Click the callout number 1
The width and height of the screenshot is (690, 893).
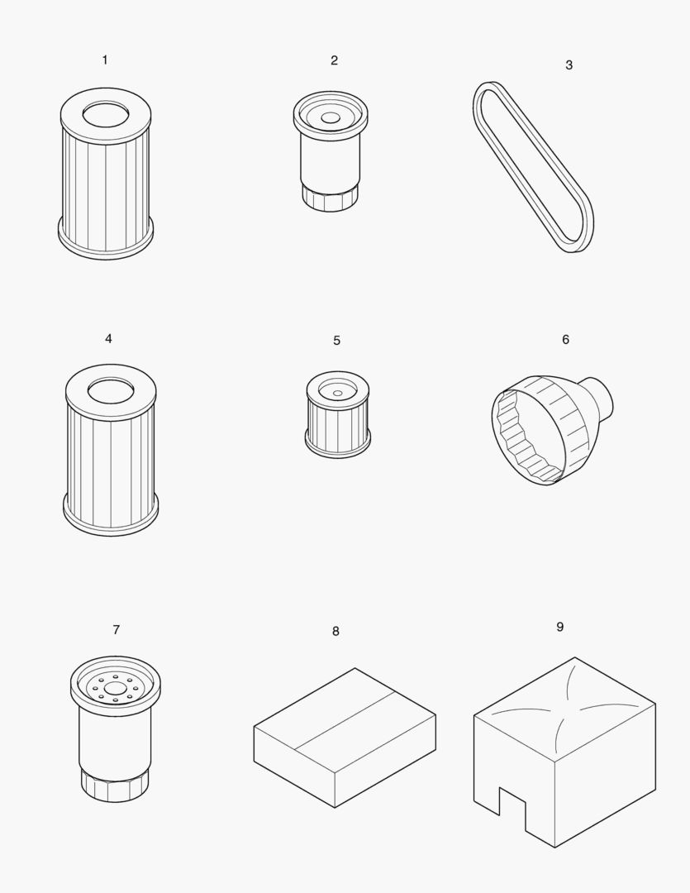coord(104,60)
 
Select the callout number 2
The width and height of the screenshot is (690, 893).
coord(334,60)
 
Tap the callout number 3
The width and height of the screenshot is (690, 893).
coord(569,64)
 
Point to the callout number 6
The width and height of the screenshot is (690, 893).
coord(565,339)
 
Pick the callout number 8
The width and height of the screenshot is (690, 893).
coord(335,631)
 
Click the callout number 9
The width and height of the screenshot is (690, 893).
coord(559,627)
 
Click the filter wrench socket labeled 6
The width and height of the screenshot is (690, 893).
coord(545,430)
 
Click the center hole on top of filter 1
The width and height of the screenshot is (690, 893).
coord(106,114)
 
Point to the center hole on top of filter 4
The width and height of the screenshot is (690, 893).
coord(110,390)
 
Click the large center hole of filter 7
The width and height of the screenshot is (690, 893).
coord(116,688)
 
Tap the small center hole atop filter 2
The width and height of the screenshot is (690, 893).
coord(331,118)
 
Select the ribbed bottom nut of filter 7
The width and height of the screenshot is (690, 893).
coord(115,786)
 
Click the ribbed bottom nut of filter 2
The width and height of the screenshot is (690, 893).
coord(330,198)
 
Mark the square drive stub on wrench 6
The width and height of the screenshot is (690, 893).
coord(600,397)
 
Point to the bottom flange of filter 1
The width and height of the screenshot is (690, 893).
coord(106,240)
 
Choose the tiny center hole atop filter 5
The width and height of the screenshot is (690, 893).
coord(337,392)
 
